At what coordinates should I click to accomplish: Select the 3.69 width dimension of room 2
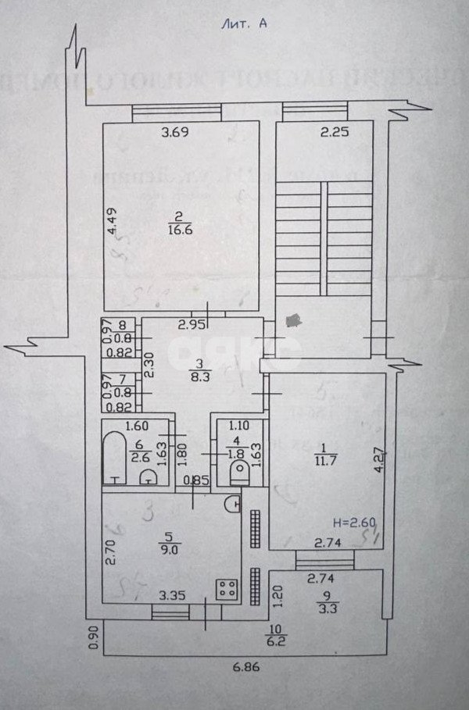point(175,133)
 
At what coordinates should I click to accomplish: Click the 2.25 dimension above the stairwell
point(334,133)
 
